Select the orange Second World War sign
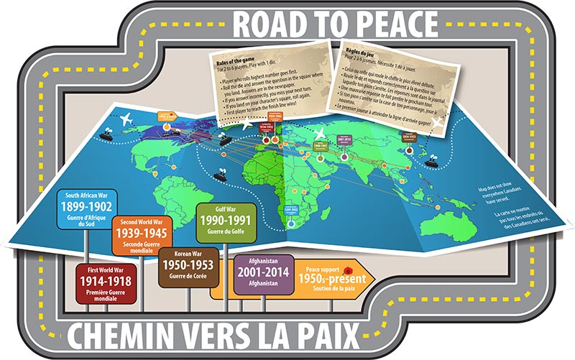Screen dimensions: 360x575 (144, 234)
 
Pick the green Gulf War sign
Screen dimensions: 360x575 (224, 223)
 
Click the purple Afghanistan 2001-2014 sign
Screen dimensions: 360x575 (263, 274)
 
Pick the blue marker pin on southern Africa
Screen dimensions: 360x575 (290, 223)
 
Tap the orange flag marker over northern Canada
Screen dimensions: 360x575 (166, 116)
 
